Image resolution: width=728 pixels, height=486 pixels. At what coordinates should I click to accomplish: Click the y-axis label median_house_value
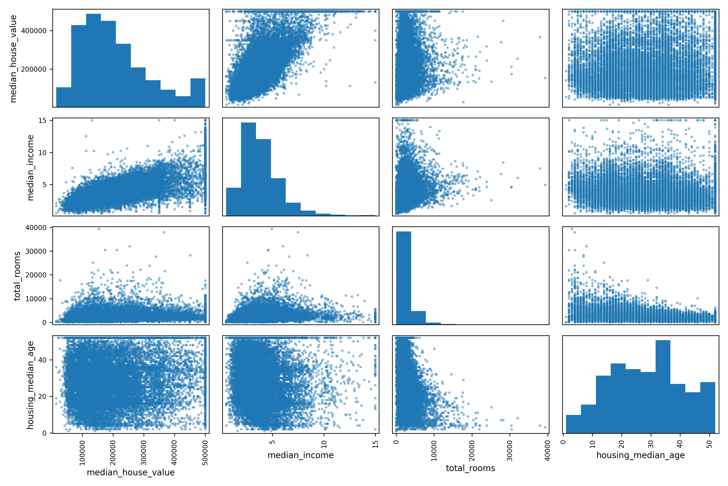pyautogui.click(x=13, y=59)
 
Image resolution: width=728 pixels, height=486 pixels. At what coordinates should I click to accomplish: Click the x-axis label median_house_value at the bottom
pyautogui.click(x=131, y=472)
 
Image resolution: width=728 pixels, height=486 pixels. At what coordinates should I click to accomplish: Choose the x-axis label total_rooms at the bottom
pyautogui.click(x=471, y=468)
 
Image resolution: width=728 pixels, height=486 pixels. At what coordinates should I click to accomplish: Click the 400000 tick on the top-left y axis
pyautogui.click(x=34, y=31)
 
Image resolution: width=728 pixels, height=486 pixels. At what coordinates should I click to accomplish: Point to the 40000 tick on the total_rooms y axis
pyautogui.click(x=36, y=227)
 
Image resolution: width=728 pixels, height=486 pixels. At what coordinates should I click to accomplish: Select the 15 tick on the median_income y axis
pyautogui.click(x=42, y=120)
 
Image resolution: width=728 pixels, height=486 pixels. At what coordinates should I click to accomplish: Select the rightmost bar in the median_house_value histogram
pyautogui.click(x=198, y=93)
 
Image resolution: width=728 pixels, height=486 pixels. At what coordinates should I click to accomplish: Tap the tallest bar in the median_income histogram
pyautogui.click(x=249, y=169)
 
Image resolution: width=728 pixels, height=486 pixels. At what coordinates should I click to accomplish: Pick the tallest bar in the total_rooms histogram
pyautogui.click(x=404, y=278)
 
